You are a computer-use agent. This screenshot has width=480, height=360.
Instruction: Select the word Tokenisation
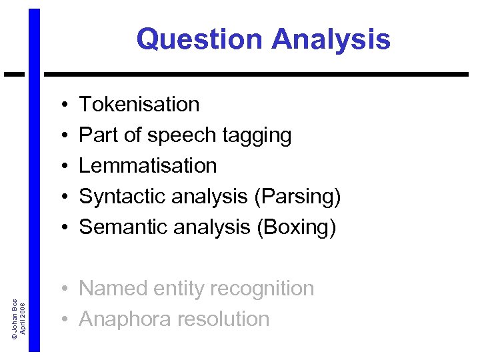pos(139,105)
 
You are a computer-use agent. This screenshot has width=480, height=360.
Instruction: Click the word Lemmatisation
pos(148,165)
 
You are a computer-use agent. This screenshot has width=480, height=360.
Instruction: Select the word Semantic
pos(123,227)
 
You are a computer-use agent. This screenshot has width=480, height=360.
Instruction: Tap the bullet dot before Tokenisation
pos(61,105)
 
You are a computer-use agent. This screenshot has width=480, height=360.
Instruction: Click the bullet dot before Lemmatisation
pos(61,167)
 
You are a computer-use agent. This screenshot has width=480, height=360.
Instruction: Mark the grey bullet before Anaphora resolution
pos(61,320)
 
